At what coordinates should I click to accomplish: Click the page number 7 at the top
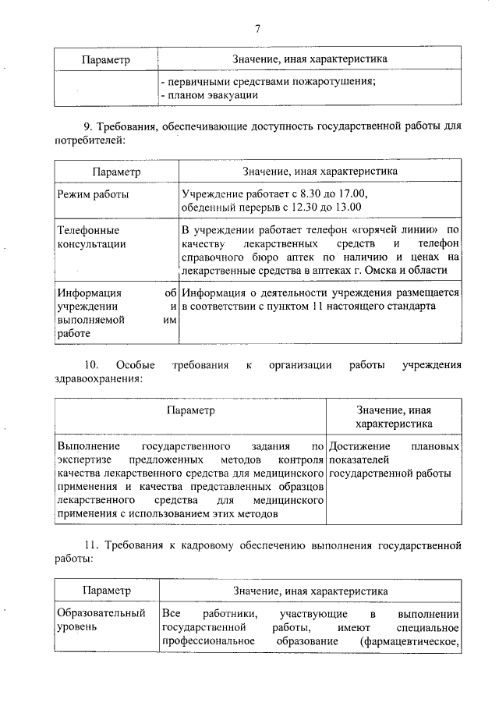point(257,29)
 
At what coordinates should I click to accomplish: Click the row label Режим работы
point(93,193)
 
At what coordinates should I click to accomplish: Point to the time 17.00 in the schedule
point(350,193)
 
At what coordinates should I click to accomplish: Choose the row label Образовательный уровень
point(101,619)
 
